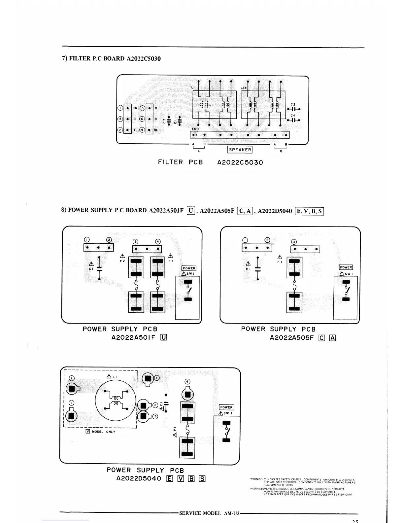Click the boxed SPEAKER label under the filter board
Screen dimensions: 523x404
click(x=240, y=150)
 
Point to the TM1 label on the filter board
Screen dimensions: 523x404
click(x=195, y=129)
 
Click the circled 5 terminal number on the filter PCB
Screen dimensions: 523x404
click(x=120, y=119)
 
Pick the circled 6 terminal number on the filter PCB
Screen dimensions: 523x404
click(x=143, y=119)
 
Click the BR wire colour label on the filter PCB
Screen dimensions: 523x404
click(x=135, y=108)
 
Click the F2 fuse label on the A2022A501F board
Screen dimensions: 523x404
click(x=122, y=261)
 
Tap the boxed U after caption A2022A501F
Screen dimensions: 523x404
click(x=163, y=337)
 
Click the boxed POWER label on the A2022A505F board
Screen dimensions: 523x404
click(x=346, y=267)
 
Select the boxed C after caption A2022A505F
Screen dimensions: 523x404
click(x=322, y=337)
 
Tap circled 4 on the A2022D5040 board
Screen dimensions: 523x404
click(x=188, y=381)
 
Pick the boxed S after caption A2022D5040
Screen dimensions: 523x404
click(x=202, y=478)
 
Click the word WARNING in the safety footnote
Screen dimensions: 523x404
click(x=256, y=479)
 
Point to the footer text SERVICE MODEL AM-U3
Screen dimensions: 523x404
click(x=209, y=513)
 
